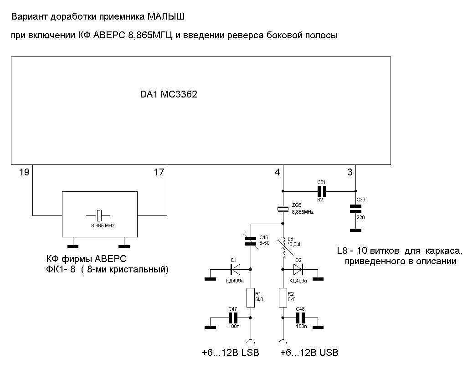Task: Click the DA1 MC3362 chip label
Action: tap(169, 94)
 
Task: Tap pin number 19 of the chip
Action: tap(24, 172)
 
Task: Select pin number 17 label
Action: tap(159, 172)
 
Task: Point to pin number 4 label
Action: tap(278, 172)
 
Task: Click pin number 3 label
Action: tap(350, 172)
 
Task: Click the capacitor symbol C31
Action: tap(322, 191)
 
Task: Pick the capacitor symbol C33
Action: tap(355, 209)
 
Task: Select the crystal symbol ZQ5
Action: tap(283, 209)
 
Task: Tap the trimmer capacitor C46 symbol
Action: tap(251, 241)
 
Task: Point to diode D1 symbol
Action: tap(236, 269)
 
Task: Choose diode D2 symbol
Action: tap(298, 269)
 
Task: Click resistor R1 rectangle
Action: tap(251, 297)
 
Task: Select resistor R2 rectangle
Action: tap(283, 297)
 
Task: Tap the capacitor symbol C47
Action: tap(233, 318)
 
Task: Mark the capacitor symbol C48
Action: tap(300, 318)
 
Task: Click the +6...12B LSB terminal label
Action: tap(231, 353)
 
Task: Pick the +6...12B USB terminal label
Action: tap(309, 353)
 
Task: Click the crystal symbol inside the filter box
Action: tap(98, 215)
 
